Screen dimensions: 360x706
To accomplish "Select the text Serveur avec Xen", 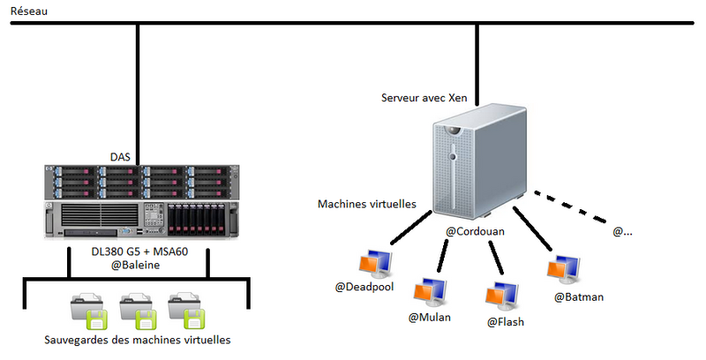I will coord(423,97).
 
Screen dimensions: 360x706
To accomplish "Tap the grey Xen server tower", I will coord(477,162).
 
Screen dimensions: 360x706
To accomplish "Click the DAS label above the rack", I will coord(121,157).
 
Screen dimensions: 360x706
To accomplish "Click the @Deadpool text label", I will coord(364,287).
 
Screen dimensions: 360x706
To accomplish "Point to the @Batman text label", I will coord(579,297).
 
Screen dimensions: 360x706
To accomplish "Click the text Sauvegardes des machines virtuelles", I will coord(138,340).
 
